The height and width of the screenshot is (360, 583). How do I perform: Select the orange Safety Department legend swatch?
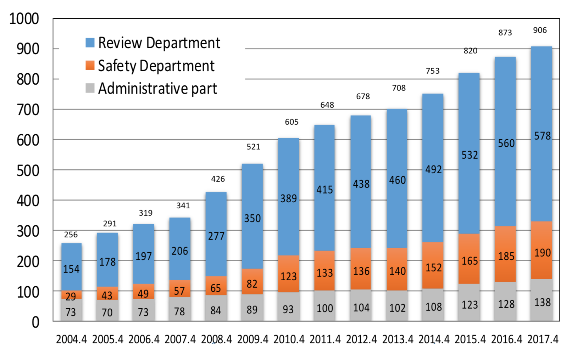(90, 66)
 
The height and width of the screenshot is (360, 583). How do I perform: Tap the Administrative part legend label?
(157, 88)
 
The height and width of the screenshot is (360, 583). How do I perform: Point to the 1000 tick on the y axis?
(24, 19)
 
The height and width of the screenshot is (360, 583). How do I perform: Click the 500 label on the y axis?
(28, 170)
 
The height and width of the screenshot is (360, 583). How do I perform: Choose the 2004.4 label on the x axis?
(71, 339)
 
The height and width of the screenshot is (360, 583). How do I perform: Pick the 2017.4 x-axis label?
(543, 339)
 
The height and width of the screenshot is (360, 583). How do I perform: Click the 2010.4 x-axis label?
(289, 339)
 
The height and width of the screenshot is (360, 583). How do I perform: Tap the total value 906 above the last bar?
(540, 30)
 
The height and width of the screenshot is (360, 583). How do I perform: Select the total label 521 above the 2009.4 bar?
(253, 147)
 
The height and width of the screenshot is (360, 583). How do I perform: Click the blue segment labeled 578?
(542, 136)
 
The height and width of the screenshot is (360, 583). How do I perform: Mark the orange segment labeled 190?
(542, 252)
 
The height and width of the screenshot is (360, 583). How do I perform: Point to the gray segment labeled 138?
(542, 302)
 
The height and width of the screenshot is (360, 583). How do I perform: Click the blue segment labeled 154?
(71, 269)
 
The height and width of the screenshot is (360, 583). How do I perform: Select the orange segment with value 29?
(71, 295)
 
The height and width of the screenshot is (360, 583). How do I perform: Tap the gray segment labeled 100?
(324, 308)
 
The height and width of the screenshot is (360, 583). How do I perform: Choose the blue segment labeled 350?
(252, 218)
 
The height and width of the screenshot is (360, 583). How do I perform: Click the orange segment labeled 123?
(288, 276)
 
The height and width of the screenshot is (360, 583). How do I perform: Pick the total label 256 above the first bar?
(71, 235)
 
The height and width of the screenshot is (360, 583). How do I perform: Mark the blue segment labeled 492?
(433, 169)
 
